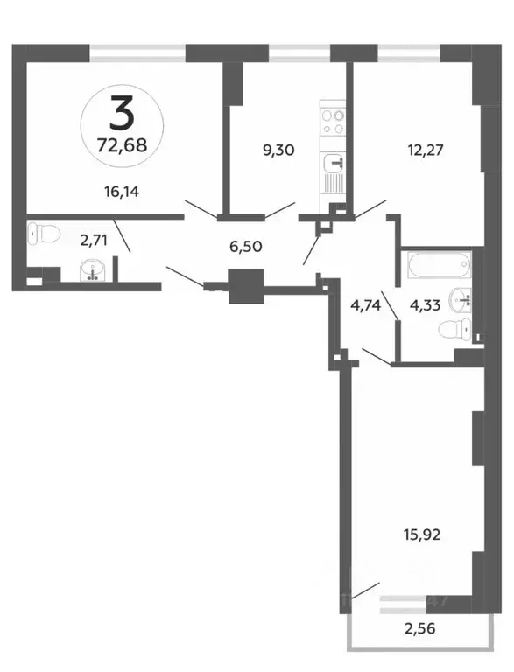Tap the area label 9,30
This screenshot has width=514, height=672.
(x=278, y=150)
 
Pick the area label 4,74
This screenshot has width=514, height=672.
(x=366, y=307)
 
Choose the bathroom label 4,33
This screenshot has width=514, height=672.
(x=426, y=307)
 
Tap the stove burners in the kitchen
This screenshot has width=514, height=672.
(x=333, y=122)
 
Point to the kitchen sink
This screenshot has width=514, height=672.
(x=333, y=164)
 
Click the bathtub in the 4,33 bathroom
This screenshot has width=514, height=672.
(x=438, y=266)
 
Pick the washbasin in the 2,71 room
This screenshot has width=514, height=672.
(x=91, y=272)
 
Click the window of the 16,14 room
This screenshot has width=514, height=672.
(x=140, y=51)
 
